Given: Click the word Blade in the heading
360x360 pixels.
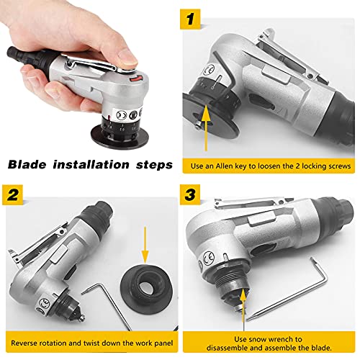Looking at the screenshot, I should pos(27,164).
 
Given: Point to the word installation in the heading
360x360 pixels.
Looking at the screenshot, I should pos(91,164).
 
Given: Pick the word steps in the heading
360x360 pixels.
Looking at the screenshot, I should pos(152,164).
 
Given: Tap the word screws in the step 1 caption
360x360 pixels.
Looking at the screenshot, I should pos(336,165).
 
